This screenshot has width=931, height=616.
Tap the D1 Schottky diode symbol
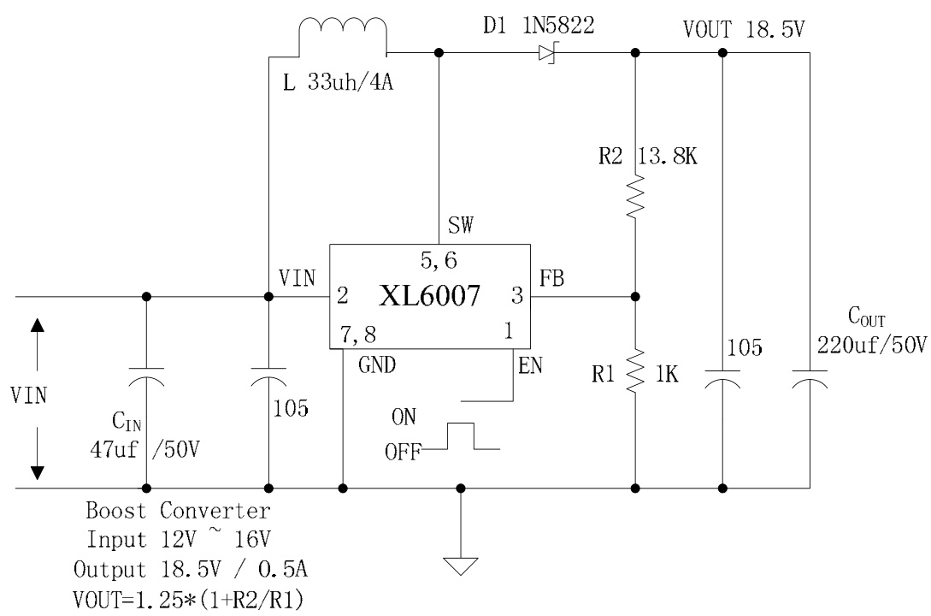(x=547, y=53)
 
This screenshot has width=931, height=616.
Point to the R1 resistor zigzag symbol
(x=635, y=368)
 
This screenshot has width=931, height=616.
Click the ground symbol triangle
(x=461, y=567)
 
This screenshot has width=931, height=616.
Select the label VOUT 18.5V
(x=743, y=29)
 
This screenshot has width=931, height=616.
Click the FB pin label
(x=552, y=278)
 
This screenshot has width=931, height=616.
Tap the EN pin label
(x=530, y=367)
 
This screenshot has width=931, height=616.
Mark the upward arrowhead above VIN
(x=37, y=326)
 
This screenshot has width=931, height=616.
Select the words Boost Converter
(x=180, y=512)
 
